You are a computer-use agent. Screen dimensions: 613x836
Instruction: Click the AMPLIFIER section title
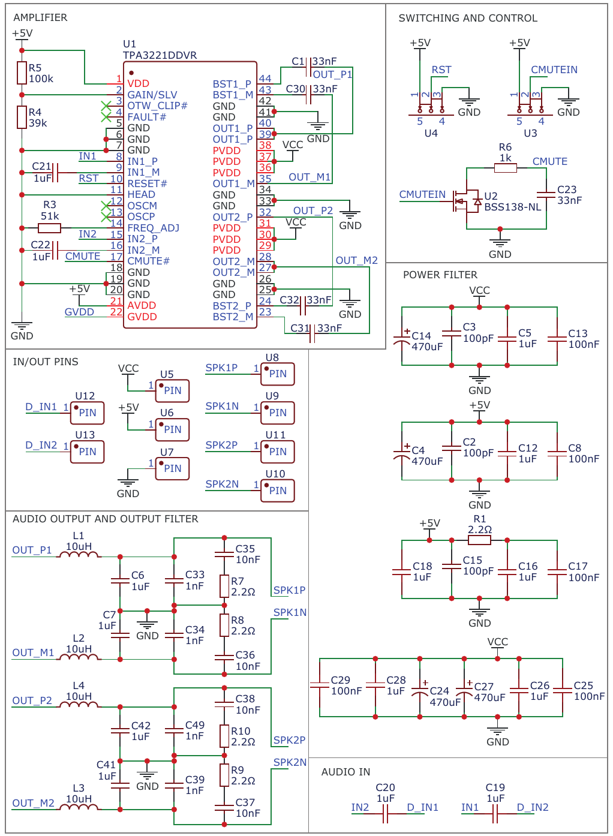coord(40,17)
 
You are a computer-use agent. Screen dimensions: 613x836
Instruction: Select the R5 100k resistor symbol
coord(22,73)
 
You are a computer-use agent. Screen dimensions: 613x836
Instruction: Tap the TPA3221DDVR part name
coord(160,55)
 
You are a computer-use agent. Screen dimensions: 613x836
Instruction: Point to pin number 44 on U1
coord(265,79)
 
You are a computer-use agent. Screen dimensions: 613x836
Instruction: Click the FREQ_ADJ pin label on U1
coord(153,228)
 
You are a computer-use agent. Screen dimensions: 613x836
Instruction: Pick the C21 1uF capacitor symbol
coord(55,173)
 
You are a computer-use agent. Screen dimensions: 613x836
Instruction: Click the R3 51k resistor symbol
coord(49,228)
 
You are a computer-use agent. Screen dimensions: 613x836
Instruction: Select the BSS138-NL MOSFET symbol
coord(467,202)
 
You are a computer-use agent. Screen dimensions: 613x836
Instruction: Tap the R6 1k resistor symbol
coord(505,168)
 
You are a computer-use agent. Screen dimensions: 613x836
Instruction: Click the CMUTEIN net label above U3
coord(554,70)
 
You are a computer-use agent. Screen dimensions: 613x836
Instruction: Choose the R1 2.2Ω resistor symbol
coord(479,540)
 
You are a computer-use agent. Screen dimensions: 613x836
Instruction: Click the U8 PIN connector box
coord(277,374)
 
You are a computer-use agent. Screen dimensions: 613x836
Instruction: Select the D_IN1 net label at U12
coord(41,407)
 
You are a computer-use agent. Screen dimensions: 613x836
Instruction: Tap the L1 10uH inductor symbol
coord(79,555)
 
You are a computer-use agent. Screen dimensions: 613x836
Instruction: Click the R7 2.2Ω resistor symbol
coord(224,587)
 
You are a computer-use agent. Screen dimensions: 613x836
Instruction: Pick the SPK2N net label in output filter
coord(290,762)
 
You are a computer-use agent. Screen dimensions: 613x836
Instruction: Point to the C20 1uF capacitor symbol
coord(386,813)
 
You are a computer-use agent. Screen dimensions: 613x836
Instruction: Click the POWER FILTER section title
coord(440,275)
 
